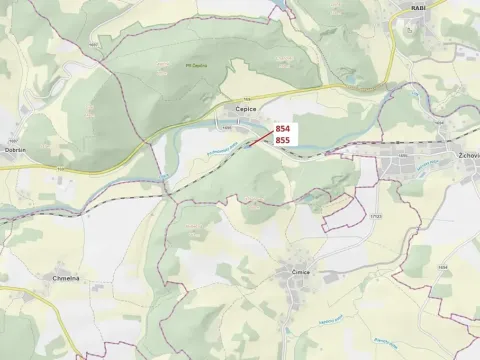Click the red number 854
(283, 129)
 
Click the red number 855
(283, 141)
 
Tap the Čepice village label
(246, 109)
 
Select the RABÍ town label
(418, 7)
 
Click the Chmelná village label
(68, 278)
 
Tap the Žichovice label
(467, 156)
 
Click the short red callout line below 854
(262, 137)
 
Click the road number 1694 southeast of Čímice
(441, 268)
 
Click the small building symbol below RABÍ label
(409, 30)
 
